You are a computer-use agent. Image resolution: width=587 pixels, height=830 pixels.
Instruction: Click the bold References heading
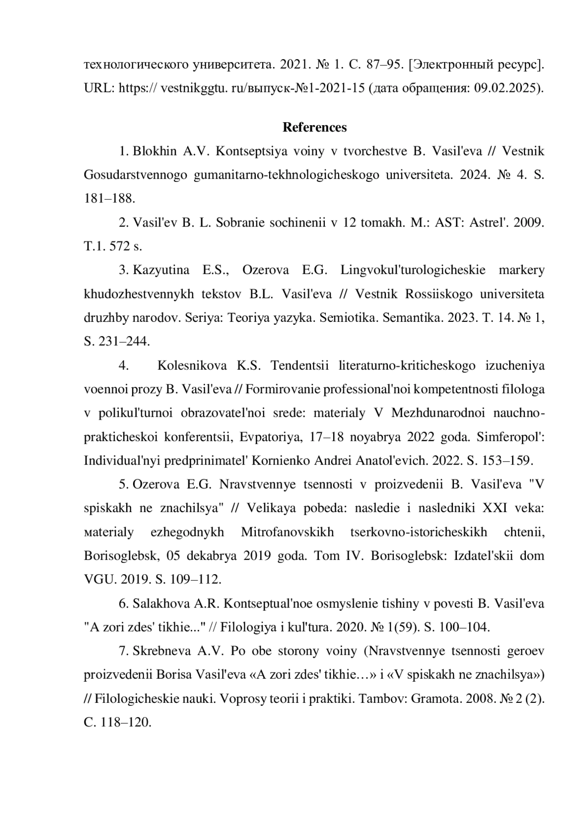click(x=315, y=128)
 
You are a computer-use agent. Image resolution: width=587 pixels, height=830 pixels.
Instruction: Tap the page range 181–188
click(x=109, y=199)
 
